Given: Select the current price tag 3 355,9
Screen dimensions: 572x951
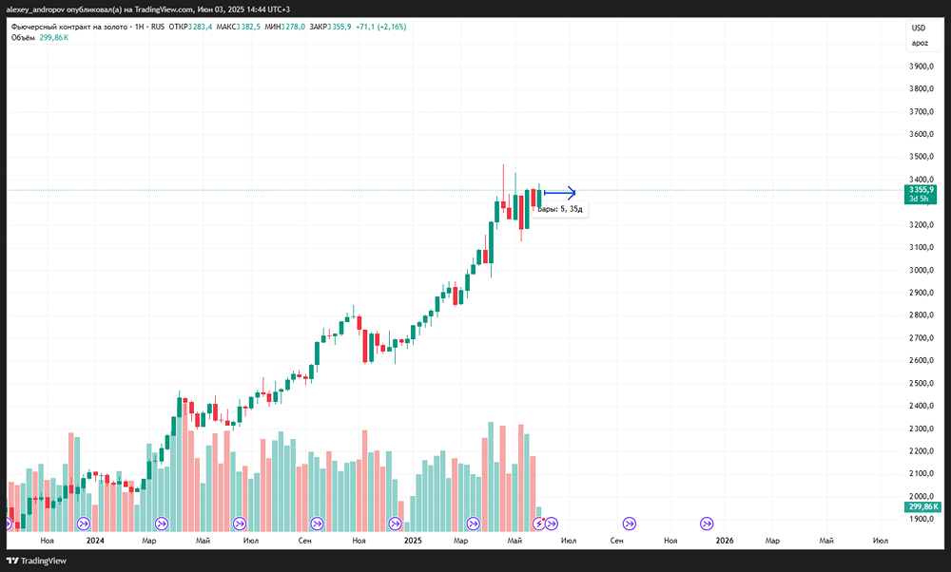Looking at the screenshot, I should click(x=922, y=190).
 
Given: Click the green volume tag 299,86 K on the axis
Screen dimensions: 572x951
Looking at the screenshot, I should click(x=923, y=507).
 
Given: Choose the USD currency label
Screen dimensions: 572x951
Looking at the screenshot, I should click(x=919, y=29).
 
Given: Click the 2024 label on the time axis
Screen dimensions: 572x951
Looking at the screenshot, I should click(x=94, y=540).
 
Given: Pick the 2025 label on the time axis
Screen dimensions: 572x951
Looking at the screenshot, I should click(x=413, y=540).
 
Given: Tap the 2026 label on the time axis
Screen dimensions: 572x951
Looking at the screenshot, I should click(x=725, y=540).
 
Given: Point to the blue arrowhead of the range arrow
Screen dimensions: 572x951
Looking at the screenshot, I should click(x=571, y=192).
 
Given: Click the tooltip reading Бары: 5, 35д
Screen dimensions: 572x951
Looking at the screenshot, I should click(x=560, y=209).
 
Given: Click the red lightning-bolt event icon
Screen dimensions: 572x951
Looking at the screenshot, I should click(x=538, y=523).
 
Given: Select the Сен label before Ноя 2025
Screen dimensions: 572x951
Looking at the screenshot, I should click(x=616, y=540).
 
